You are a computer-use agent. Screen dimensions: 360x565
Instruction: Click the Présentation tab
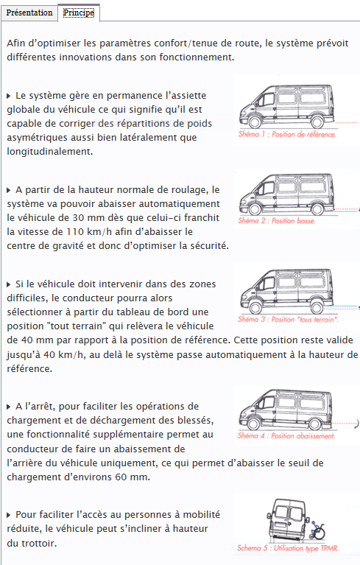[x=29, y=13]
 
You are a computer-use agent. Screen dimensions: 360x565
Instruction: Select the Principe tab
[x=79, y=13]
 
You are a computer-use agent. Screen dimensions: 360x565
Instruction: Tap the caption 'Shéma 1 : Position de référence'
[x=287, y=134]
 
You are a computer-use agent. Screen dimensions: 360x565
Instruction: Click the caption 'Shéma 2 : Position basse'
[x=277, y=220]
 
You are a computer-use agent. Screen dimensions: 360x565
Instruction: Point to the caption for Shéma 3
[x=288, y=319]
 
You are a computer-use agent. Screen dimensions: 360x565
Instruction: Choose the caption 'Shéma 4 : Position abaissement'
[x=286, y=435]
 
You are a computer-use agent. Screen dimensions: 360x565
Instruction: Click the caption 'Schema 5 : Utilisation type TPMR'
[x=288, y=548]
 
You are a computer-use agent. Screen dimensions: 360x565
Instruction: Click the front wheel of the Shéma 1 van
[x=255, y=122]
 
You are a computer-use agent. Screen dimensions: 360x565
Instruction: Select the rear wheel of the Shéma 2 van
[x=317, y=209]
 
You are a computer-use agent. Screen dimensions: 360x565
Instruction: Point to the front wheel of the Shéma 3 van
[x=255, y=307]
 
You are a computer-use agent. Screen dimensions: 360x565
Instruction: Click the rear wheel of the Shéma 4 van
[x=314, y=424]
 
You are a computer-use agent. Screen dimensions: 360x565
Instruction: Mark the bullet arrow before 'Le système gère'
[x=9, y=96]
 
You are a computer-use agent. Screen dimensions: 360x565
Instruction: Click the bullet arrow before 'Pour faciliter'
[x=9, y=515]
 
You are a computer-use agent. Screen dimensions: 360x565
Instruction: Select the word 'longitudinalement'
[x=49, y=152]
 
